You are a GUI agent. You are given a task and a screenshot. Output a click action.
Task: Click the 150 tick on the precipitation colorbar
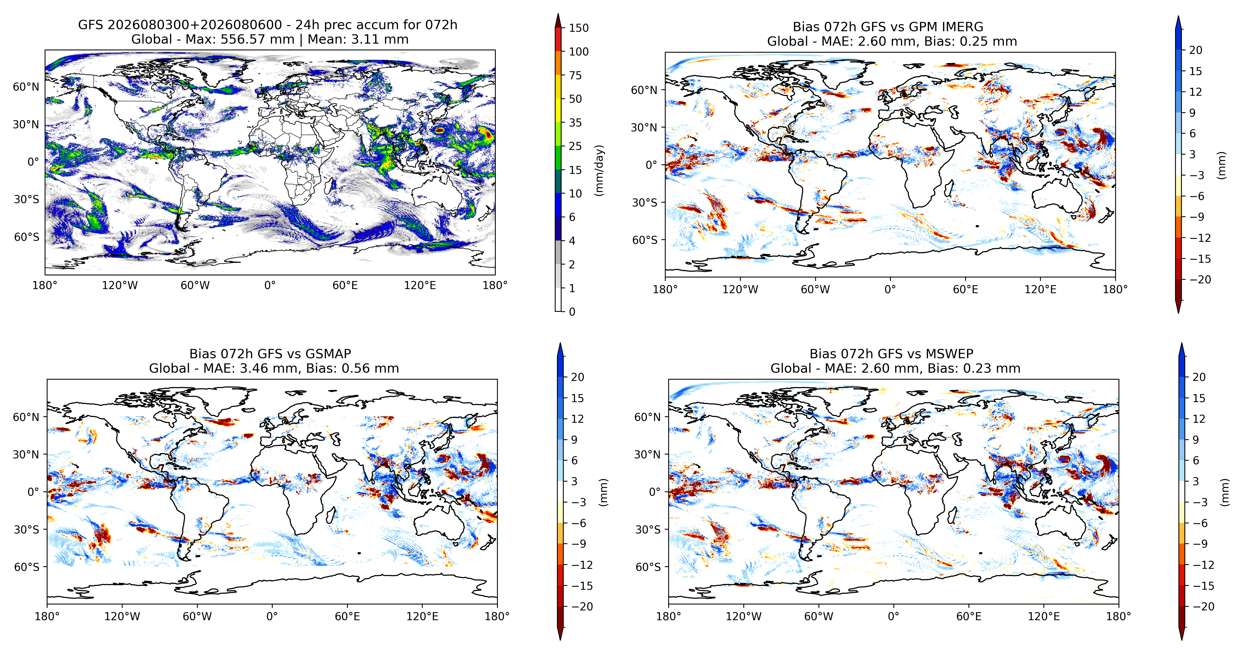pyautogui.click(x=579, y=28)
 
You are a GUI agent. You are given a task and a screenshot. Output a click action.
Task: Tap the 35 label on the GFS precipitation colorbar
pyautogui.click(x=575, y=123)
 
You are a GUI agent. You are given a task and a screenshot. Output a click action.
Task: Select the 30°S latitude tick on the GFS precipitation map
pyautogui.click(x=27, y=199)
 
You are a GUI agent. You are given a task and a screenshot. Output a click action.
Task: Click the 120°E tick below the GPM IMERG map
pyautogui.click(x=1040, y=289)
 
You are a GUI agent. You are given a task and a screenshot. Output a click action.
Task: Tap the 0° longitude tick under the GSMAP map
pyautogui.click(x=272, y=616)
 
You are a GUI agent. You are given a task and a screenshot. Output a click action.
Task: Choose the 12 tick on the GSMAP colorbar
pyautogui.click(x=578, y=419)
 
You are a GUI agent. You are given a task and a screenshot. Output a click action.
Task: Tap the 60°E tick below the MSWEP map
pyautogui.click(x=969, y=616)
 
